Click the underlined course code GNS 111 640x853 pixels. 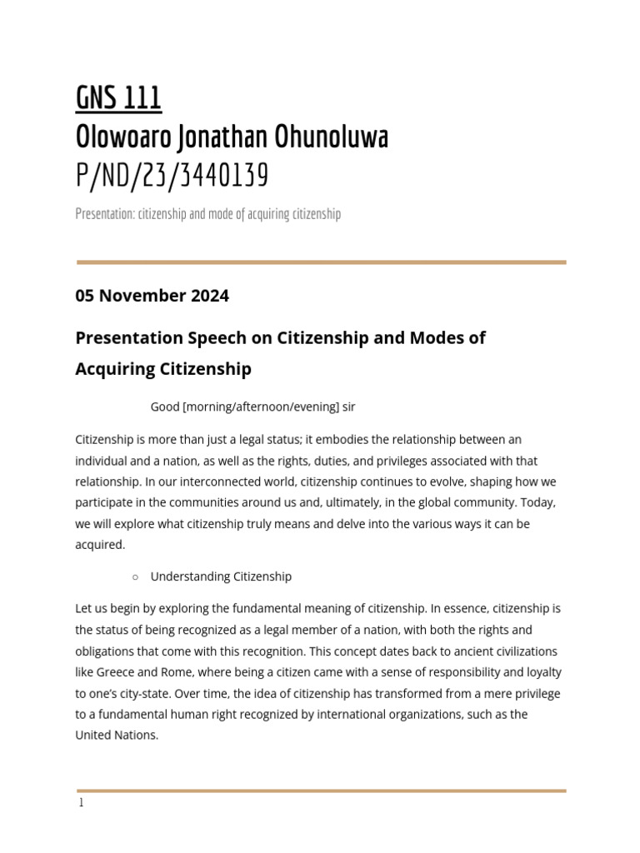[118, 99]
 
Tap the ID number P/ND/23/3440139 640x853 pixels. [172, 176]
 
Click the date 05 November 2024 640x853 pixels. [152, 296]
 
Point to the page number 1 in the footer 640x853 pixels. [81, 803]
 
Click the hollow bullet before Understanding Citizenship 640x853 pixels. [135, 576]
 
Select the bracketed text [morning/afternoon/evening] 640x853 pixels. [261, 407]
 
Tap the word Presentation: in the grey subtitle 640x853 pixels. [104, 214]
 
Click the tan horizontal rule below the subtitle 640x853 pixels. [321, 262]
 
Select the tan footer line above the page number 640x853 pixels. [321, 791]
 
